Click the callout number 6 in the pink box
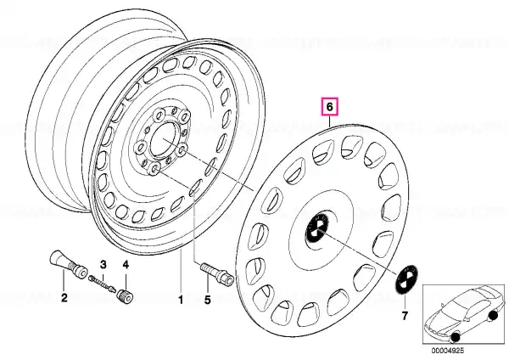[x=329, y=107]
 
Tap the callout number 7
[x=405, y=315]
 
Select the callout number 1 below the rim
[x=181, y=300]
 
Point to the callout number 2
[x=64, y=297]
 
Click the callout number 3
[x=103, y=264]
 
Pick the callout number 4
[x=126, y=264]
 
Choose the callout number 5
[x=207, y=300]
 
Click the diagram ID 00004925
[x=448, y=351]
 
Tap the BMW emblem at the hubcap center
[x=316, y=227]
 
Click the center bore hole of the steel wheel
[x=165, y=140]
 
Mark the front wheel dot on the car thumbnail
[x=456, y=337]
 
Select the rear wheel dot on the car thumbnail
[x=493, y=315]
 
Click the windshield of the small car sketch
[x=455, y=306]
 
